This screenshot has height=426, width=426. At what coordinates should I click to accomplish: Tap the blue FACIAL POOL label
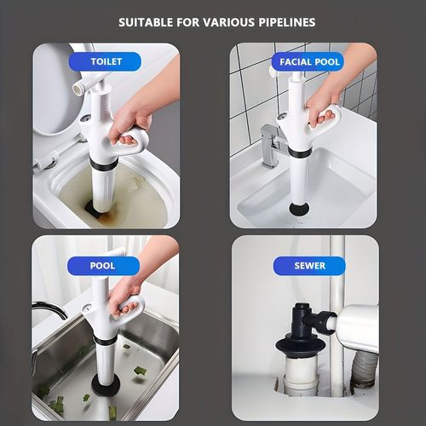[310, 61]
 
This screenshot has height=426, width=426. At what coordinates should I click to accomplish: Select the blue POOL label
[102, 266]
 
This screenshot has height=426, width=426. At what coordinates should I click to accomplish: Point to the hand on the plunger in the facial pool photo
[322, 104]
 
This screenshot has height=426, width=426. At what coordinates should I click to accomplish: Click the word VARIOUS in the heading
[222, 21]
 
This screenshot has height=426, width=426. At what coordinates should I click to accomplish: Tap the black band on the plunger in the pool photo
[106, 340]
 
